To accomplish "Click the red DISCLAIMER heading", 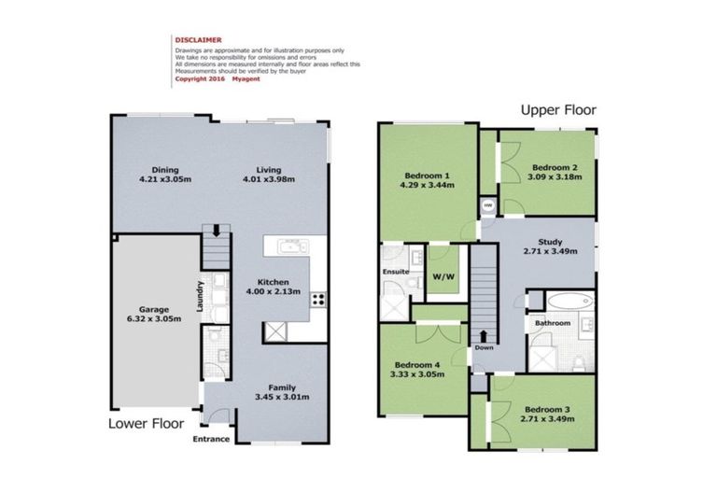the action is point(198,40).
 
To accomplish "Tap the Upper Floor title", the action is point(558,110).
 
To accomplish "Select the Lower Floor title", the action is point(146,424).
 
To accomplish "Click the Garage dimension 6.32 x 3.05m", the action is point(154,318).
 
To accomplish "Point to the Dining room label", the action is point(165,170).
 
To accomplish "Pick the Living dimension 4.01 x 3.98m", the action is point(269,179).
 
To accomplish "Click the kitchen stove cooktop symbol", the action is point(318,300).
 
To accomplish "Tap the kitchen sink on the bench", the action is point(292,246).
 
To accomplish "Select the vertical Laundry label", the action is point(200,296).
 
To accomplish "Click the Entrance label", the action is point(211,439).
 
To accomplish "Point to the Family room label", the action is point(282,387).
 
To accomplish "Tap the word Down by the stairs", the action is point(484,347).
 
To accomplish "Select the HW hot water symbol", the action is point(488,205).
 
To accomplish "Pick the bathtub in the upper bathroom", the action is point(570,301).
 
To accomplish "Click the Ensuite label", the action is point(396,272).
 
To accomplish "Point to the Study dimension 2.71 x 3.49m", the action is point(550,251).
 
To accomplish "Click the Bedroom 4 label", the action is point(417,365).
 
